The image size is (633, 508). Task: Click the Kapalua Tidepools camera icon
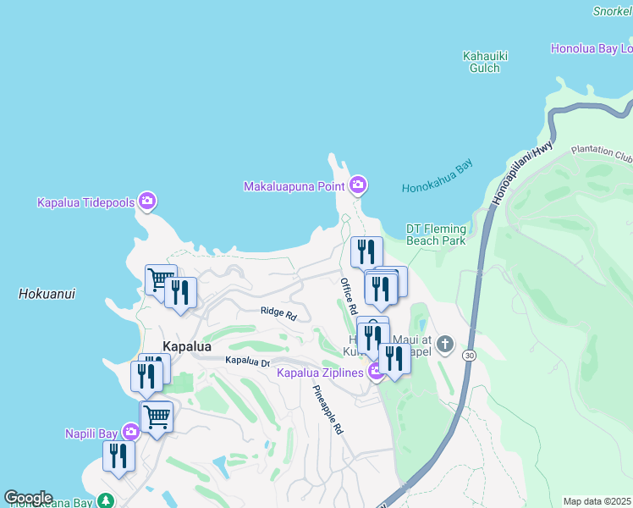point(147,202)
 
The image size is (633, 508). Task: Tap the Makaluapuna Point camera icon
point(358,185)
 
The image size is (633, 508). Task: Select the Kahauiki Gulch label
point(485,62)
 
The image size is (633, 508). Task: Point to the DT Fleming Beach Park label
point(436,235)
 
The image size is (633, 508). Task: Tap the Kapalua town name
point(186,346)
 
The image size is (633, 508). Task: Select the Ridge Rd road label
point(278,313)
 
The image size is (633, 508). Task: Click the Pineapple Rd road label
point(328,411)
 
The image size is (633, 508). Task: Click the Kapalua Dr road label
point(247,362)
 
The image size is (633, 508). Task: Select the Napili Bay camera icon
point(130,433)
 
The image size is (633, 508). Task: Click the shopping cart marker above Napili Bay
point(157,416)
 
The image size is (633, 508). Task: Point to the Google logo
point(28,498)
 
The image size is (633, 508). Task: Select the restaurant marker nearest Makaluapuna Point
point(366,251)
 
